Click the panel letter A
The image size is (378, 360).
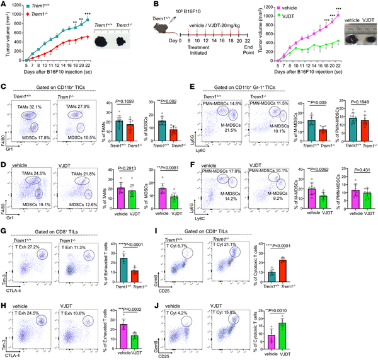(4, 4)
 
